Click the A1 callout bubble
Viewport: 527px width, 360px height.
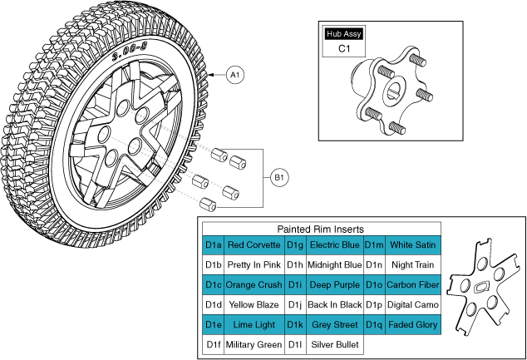[235, 75]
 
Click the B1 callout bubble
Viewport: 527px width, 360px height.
[280, 177]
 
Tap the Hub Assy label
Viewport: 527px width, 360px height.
[344, 34]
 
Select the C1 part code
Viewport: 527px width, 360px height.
[344, 49]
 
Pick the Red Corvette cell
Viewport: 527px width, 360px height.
[254, 245]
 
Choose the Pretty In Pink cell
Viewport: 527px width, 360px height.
[254, 265]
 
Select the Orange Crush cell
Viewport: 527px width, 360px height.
[254, 285]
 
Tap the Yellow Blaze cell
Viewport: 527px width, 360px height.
[254, 305]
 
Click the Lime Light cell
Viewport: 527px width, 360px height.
[254, 324]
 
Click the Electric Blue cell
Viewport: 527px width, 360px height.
[334, 245]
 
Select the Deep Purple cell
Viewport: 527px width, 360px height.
[334, 285]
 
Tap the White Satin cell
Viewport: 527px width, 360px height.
[413, 245]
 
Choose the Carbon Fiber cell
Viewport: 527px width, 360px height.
[413, 285]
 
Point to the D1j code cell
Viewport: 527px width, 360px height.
[294, 305]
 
